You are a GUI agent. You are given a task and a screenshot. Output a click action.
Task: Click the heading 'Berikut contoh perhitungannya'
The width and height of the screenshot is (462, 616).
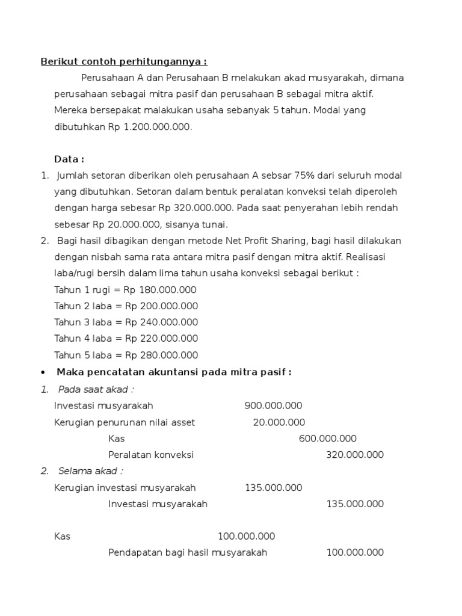point(123,61)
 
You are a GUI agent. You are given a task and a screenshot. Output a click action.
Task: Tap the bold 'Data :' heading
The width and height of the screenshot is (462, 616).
point(69,159)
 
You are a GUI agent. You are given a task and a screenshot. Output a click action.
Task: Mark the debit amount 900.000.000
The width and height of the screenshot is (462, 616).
point(273,405)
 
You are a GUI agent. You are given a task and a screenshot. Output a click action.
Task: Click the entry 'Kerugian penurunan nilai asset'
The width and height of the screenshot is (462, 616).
point(125,422)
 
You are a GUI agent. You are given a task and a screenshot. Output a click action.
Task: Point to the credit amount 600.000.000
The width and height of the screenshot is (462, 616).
point(327,439)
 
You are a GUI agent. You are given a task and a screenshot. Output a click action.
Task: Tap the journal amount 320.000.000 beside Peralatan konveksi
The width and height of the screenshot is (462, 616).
point(354,455)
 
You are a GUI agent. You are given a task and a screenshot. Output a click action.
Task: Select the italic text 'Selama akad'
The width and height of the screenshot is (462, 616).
point(90,471)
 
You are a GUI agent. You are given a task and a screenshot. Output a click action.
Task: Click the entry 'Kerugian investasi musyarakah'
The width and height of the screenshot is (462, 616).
point(125,487)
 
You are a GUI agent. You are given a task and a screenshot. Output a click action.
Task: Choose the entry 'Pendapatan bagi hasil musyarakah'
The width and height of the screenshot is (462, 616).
point(188,552)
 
